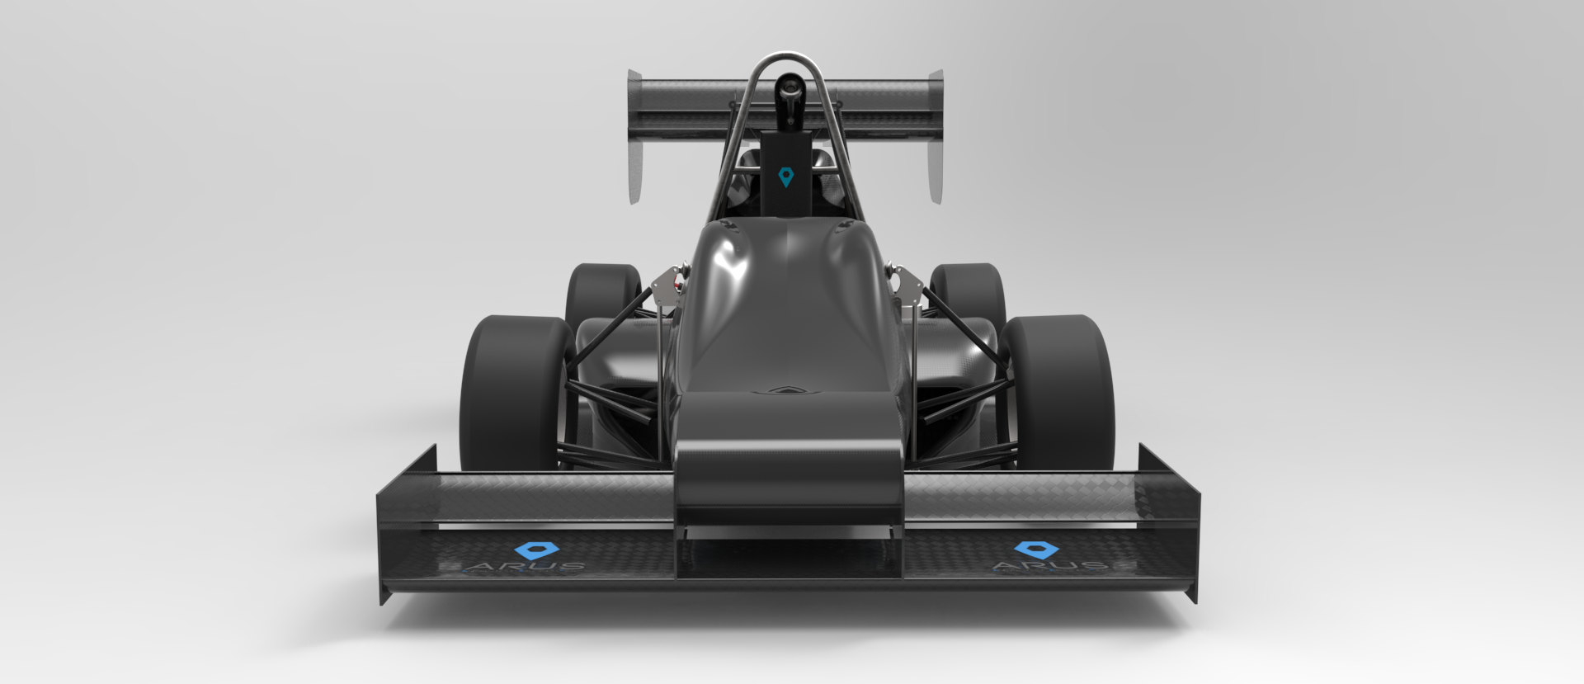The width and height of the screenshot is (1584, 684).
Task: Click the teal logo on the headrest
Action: point(787,176)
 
